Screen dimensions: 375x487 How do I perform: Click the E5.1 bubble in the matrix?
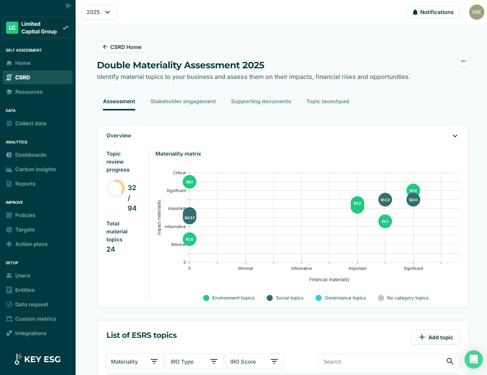coord(190,182)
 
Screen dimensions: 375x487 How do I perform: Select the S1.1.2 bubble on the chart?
coord(385,200)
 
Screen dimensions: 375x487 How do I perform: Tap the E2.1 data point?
coord(385,221)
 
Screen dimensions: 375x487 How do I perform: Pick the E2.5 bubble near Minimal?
coord(190,239)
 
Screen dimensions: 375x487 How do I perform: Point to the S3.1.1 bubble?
coord(413,200)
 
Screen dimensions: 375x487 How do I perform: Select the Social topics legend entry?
coord(285,298)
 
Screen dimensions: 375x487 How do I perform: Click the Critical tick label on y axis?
coord(179,173)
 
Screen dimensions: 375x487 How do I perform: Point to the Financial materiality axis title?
coord(329,280)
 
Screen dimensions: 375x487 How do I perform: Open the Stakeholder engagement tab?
coord(183,101)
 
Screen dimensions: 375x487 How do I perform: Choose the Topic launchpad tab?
coord(327,101)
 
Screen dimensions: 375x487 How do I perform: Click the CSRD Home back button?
coord(122,47)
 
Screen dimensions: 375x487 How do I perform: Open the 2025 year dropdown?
coord(99,12)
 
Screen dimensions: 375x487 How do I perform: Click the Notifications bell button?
coord(433,12)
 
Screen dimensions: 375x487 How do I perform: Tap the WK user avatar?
coord(476,12)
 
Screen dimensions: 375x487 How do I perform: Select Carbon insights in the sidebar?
coord(36,169)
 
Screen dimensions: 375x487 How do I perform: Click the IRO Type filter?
coord(194,361)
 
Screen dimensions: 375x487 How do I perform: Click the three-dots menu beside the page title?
coord(463,61)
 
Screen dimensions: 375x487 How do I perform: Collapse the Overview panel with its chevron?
coord(455,136)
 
